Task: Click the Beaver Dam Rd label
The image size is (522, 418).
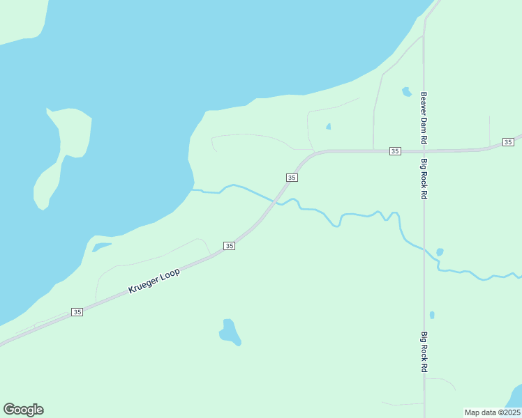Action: [x=423, y=118]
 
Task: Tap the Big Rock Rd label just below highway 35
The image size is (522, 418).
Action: [x=423, y=179]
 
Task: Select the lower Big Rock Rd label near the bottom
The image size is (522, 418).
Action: [x=424, y=352]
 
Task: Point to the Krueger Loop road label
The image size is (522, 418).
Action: [x=154, y=281]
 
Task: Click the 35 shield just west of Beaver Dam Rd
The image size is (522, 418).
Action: [x=395, y=151]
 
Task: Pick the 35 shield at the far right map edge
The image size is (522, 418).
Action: [x=508, y=142]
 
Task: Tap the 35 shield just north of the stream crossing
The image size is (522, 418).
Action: [x=292, y=178]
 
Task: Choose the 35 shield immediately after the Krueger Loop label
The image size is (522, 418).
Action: [x=229, y=246]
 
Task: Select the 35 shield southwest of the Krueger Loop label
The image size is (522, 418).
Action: [x=77, y=312]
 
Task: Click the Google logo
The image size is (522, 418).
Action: [x=23, y=410]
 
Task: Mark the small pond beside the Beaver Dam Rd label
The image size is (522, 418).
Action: [x=406, y=91]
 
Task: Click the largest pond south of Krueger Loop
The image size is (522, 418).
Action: [x=230, y=332]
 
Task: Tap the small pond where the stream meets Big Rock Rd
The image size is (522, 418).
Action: [x=439, y=251]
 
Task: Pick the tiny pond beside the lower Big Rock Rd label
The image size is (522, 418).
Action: [x=432, y=315]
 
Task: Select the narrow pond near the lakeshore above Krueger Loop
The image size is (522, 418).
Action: [x=100, y=247]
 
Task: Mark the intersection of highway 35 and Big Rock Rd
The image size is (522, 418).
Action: [x=424, y=150]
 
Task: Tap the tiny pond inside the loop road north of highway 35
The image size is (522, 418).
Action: [x=328, y=127]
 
